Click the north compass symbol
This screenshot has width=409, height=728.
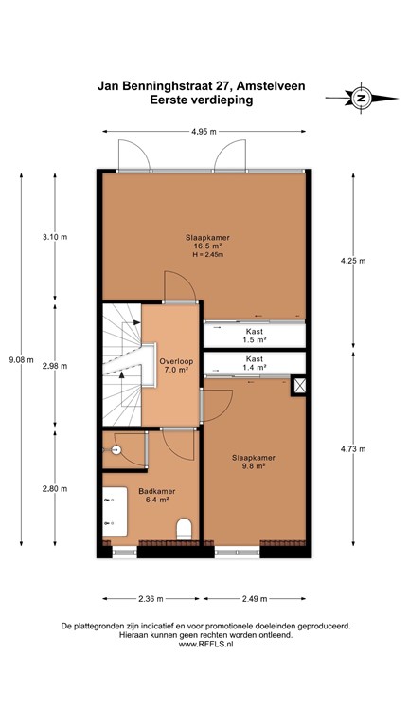(x=360, y=97)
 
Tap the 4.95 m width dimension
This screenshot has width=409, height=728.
(x=204, y=130)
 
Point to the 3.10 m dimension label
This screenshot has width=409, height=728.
(x=54, y=237)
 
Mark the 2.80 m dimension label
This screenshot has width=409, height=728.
(x=54, y=489)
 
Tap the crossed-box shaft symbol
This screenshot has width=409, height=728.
(x=299, y=386)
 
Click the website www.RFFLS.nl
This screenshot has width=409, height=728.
(x=204, y=646)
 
